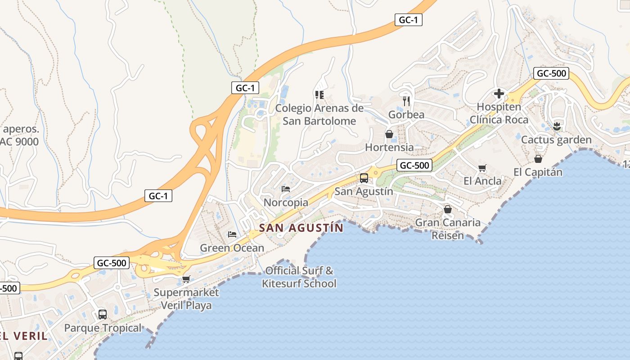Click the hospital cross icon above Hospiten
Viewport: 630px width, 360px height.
[x=499, y=94]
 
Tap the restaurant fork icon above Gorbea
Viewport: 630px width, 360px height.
[x=406, y=101]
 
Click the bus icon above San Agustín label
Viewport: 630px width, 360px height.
[x=364, y=178]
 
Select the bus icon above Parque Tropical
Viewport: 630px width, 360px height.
[x=103, y=314]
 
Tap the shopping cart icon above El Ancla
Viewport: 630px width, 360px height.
[x=482, y=168]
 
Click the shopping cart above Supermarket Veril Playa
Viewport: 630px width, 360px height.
[x=186, y=279]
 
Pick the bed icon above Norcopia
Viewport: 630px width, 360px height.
[x=286, y=189]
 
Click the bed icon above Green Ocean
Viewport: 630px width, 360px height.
[x=232, y=234]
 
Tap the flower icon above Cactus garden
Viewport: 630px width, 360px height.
[x=557, y=126]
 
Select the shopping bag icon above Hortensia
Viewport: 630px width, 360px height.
[x=389, y=134]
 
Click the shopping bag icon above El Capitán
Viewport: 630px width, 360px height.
[x=538, y=158]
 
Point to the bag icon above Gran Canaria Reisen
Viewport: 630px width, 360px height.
[x=447, y=209]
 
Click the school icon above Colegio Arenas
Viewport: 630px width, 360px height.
[x=319, y=94]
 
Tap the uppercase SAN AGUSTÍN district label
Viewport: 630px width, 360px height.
[x=301, y=228]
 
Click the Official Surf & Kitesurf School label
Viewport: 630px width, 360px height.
[x=299, y=277]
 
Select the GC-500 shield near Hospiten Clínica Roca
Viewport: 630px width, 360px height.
[x=551, y=74]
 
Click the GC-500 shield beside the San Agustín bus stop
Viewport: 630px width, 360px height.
[x=414, y=166]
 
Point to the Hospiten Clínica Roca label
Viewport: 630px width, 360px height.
[x=499, y=113]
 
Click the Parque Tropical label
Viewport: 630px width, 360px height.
[x=103, y=328]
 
